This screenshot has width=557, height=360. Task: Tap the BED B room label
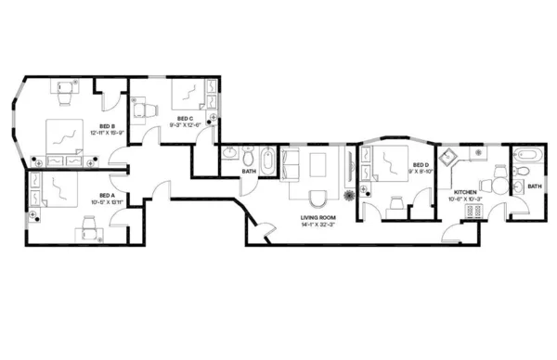pyautogui.click(x=107, y=126)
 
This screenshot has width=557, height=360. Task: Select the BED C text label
pyautogui.click(x=184, y=119)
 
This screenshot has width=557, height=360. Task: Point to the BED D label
pyautogui.click(x=421, y=165)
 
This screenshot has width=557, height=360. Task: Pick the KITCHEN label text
pyautogui.click(x=465, y=192)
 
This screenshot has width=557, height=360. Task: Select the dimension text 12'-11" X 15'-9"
pyautogui.click(x=107, y=133)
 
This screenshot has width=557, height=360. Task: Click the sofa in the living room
pyautogui.click(x=289, y=164)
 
